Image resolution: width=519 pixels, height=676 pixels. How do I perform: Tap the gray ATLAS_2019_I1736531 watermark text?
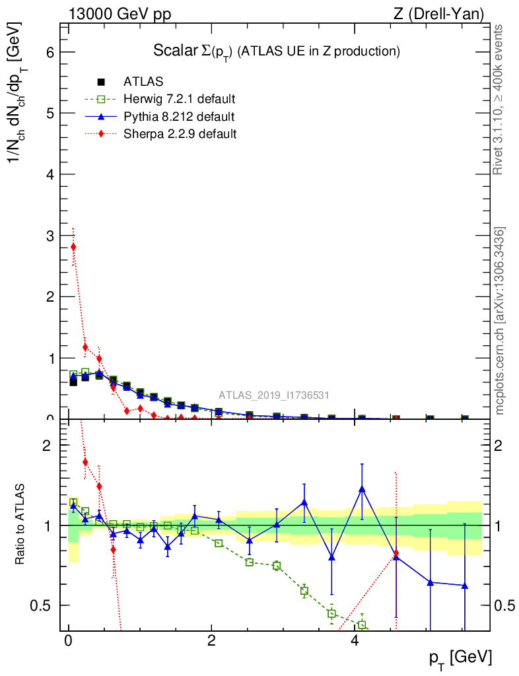[274, 395]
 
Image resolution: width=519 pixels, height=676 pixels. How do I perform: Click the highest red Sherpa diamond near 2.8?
[73, 247]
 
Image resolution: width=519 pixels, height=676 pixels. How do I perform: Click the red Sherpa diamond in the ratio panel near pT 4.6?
[396, 553]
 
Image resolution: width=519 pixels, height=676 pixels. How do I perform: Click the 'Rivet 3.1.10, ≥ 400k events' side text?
[501, 100]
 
